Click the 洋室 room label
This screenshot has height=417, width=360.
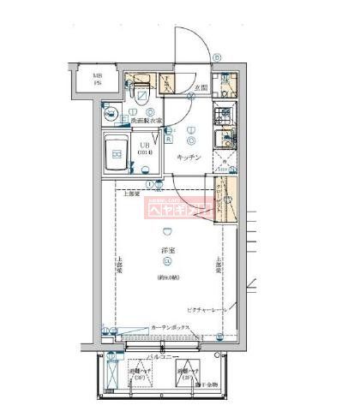pyautogui.click(x=166, y=249)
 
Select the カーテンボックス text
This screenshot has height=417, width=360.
pyautogui.click(x=171, y=328)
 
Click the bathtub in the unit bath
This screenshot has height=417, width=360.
pyautogui.click(x=115, y=154)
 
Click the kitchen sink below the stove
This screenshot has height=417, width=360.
pyautogui.click(x=225, y=141)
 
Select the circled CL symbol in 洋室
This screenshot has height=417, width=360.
pyautogui.click(x=166, y=261)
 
